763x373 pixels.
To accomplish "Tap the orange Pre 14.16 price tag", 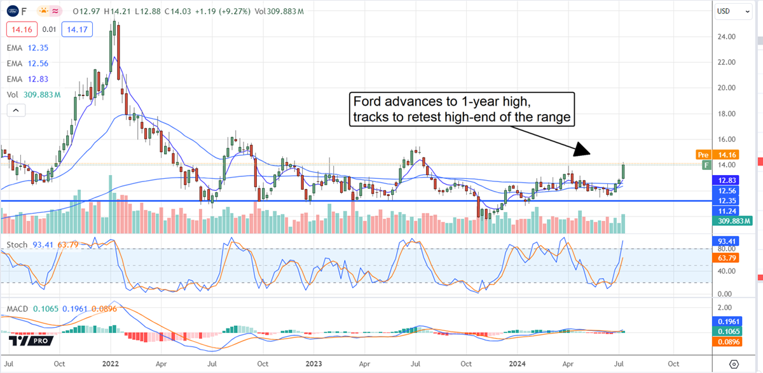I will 719,154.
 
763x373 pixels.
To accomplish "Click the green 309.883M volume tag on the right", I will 734,221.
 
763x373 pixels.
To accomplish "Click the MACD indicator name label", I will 18,309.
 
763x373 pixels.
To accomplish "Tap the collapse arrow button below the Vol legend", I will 17,110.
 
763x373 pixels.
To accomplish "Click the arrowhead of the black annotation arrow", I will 584,151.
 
